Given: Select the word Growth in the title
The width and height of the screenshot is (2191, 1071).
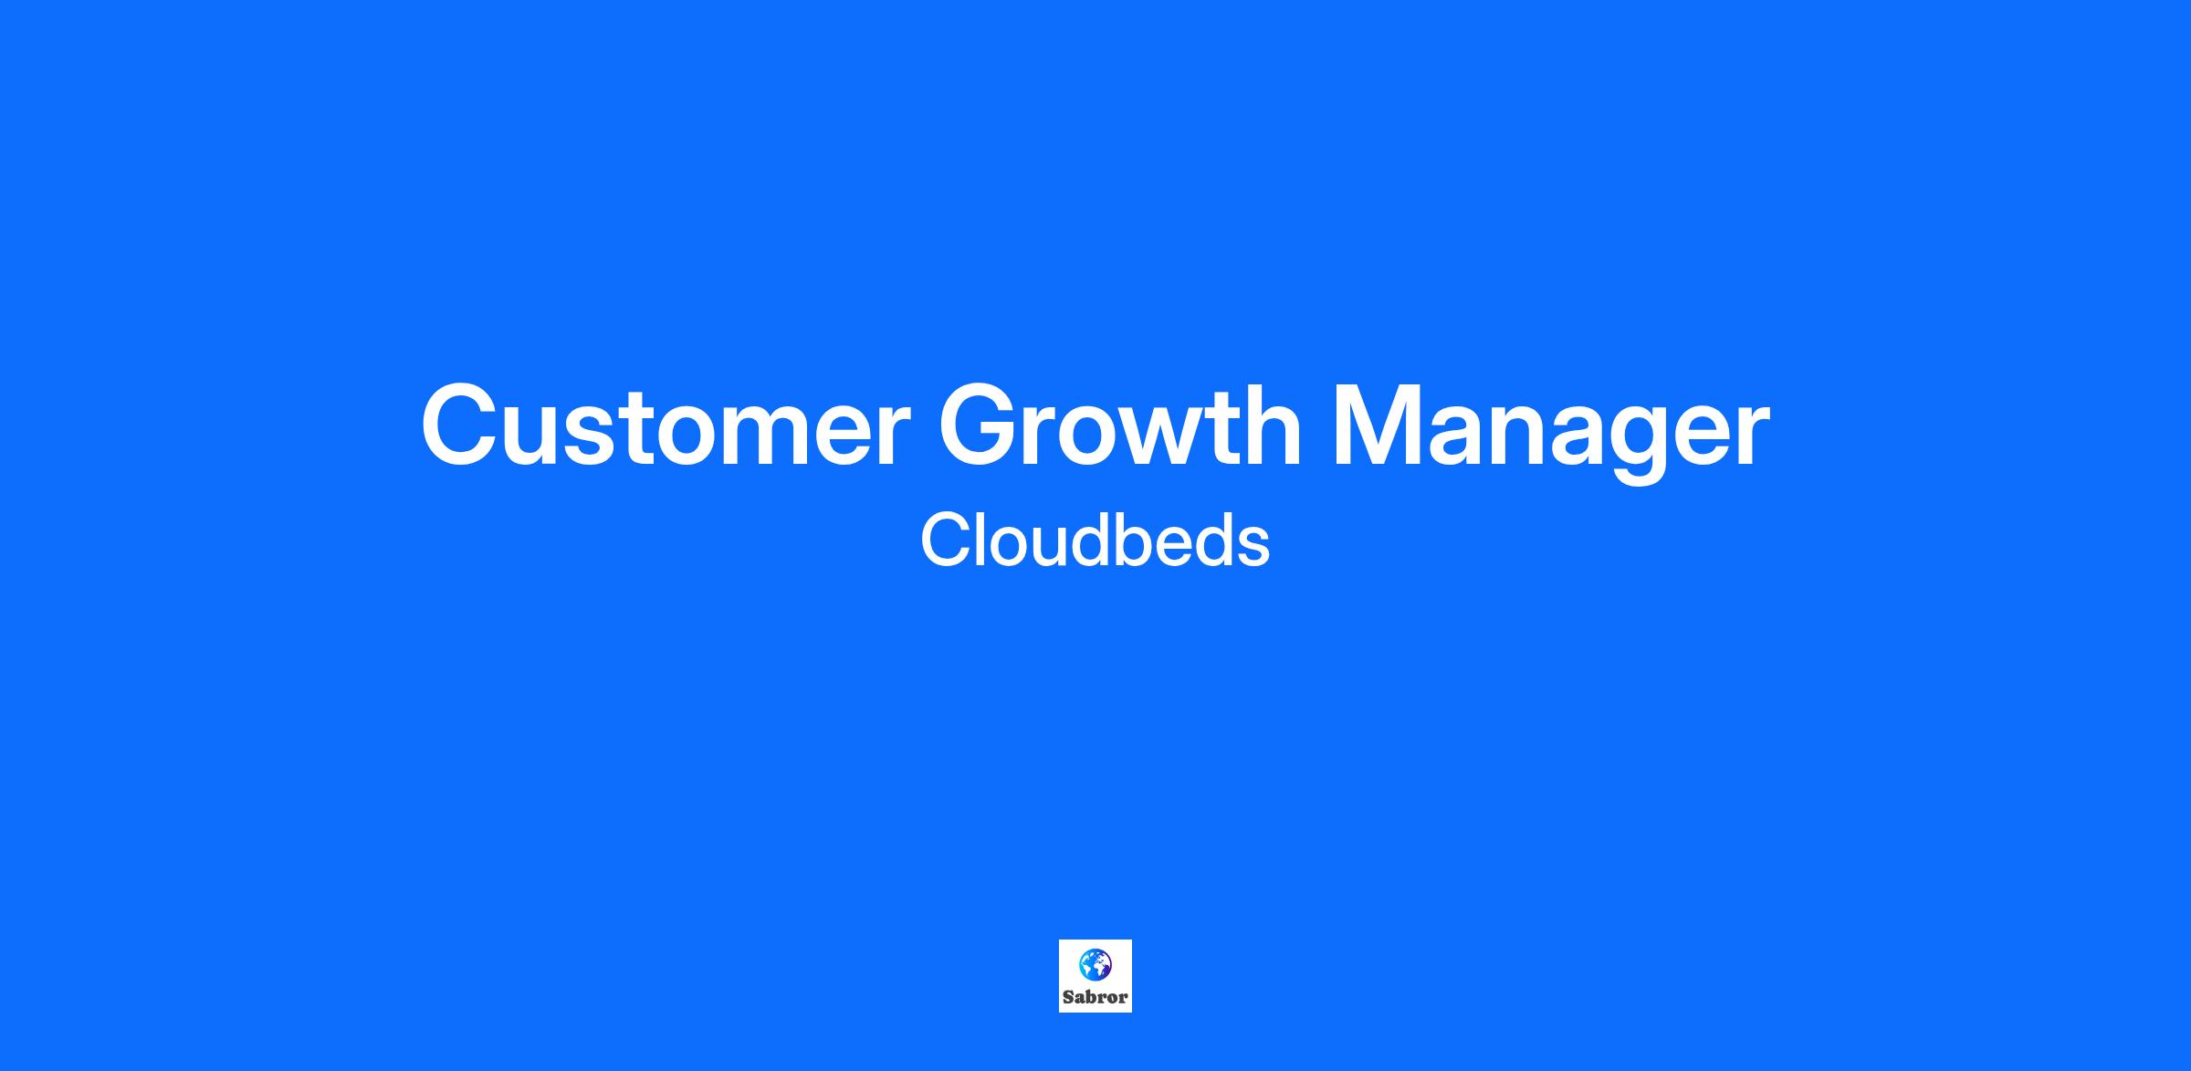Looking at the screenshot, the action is (1120, 425).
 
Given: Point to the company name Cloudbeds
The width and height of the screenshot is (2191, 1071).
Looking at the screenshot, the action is (1095, 540).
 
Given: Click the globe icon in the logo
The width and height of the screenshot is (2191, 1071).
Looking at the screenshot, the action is (1095, 964).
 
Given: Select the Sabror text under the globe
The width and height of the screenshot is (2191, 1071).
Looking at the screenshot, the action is (1095, 997).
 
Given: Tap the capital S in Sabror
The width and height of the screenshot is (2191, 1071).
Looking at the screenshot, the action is (1068, 997).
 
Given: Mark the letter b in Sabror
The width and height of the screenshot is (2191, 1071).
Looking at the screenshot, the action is (1092, 997).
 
